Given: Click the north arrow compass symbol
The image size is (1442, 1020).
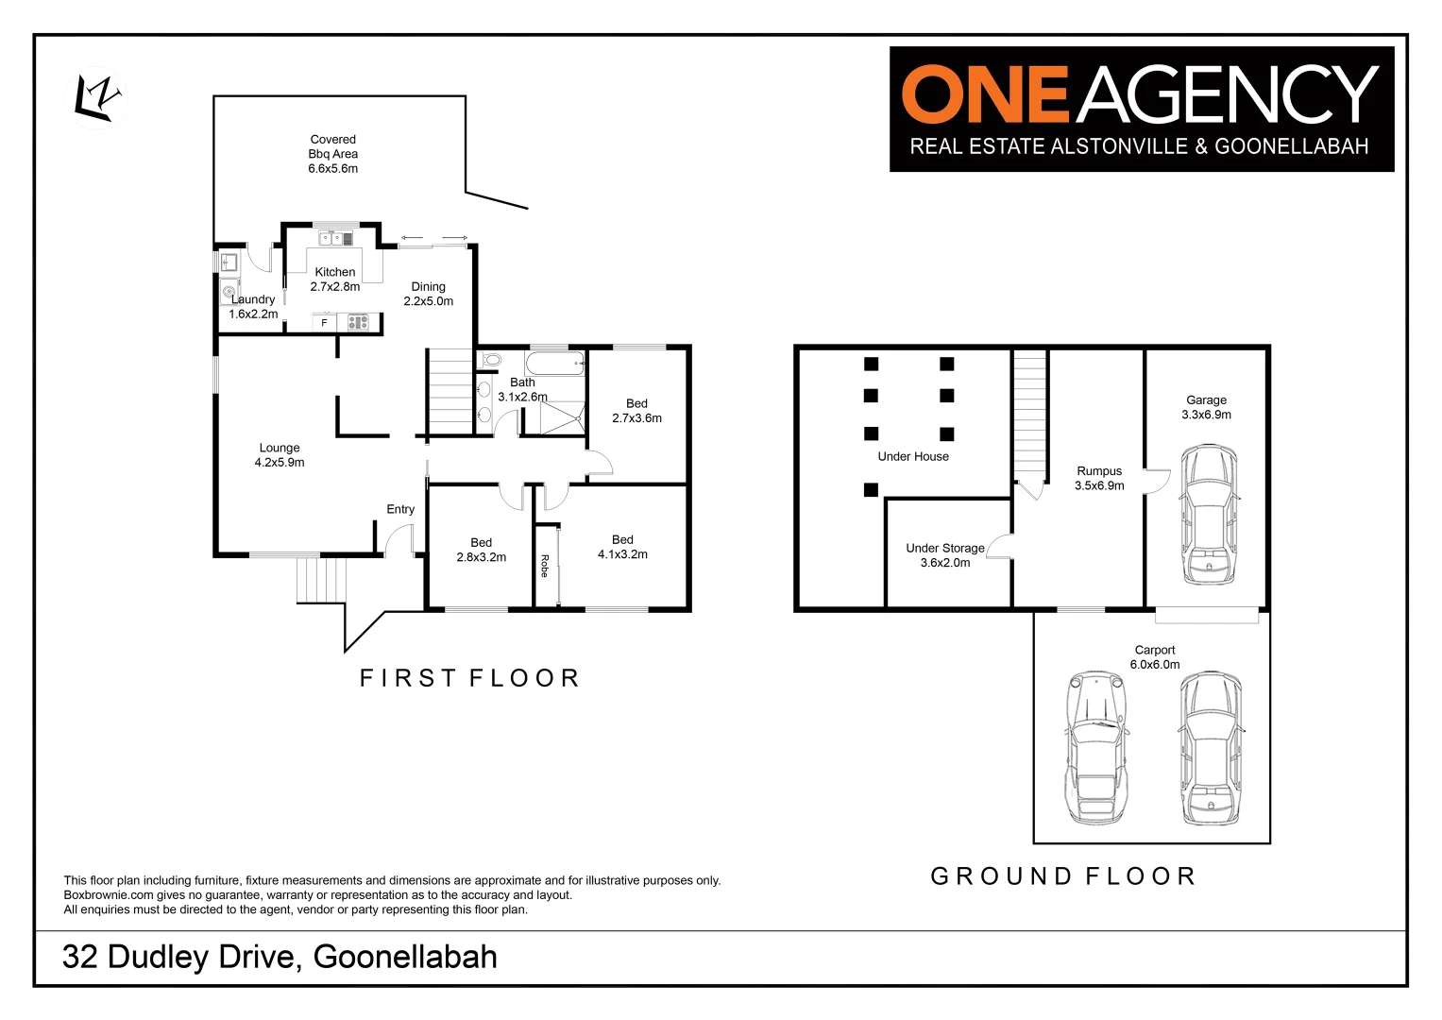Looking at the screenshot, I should tap(98, 99).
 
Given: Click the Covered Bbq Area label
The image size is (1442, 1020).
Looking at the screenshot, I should tap(333, 154).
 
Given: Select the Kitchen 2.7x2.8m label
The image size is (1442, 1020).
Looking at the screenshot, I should tap(335, 280).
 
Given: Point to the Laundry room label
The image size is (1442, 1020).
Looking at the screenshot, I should tap(253, 307).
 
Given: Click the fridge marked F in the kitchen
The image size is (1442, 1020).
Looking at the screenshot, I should tap(324, 323).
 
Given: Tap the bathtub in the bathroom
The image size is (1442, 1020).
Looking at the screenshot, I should tap(555, 363).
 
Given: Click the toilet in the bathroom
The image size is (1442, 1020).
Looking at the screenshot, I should tap(491, 360).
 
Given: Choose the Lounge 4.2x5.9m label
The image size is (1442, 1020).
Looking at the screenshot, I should tap(280, 455).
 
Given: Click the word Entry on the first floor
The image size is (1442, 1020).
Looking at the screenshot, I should tap(400, 509).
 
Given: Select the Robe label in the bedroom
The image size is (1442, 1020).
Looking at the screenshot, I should tap(545, 566).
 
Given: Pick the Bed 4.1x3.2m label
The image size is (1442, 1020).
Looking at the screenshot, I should tap(622, 548).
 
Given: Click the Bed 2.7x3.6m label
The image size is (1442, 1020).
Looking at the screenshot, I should tap(636, 411).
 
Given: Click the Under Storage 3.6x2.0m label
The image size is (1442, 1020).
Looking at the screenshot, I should tap(945, 555).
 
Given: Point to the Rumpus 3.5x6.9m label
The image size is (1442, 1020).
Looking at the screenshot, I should tap(1099, 479).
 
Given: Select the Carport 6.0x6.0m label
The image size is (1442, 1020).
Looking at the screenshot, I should tap(1155, 657).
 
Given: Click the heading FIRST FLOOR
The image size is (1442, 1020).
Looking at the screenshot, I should tap(469, 678).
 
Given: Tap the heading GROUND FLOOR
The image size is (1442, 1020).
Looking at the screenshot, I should tap(1063, 876).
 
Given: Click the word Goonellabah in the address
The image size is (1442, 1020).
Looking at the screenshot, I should tap(405, 957).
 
